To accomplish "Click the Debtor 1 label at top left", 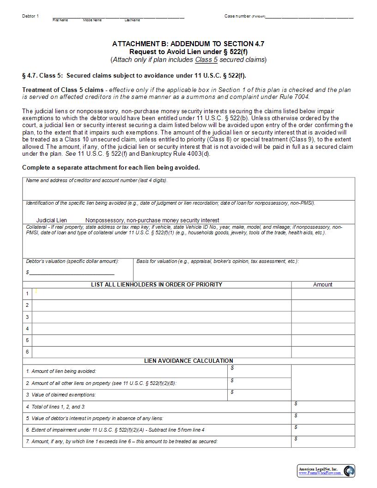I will point(30,16).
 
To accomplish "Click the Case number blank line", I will point(310,17).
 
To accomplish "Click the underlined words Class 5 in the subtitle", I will point(206,60).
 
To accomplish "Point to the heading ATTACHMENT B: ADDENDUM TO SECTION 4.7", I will point(188,44).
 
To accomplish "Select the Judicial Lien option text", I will point(52,220).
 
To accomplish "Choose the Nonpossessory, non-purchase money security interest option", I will point(152,220).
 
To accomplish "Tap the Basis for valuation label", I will point(218,262).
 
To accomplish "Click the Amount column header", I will point(322,285).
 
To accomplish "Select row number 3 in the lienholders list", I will point(27,317).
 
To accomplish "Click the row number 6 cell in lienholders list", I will point(27,352).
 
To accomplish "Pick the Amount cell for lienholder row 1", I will point(322,293).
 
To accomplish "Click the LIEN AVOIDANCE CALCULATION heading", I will point(188,361).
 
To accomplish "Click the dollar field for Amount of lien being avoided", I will point(260,371).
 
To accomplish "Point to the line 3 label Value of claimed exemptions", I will point(61,395).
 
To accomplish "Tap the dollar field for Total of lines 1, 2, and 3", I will point(322,407).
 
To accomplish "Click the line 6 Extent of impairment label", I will point(115,430).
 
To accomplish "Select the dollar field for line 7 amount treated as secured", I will point(322,442).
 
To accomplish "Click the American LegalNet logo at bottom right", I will point(326,471).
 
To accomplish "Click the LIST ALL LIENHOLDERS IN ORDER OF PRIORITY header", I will point(157,285).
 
